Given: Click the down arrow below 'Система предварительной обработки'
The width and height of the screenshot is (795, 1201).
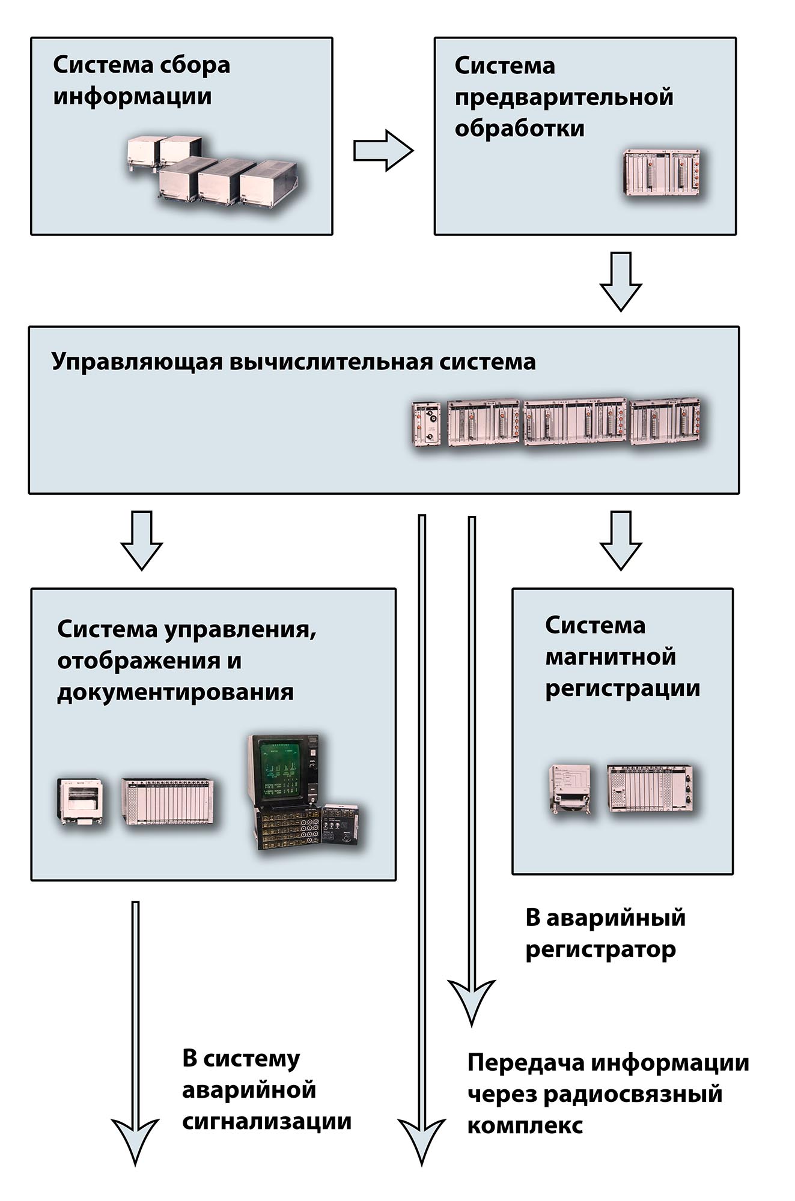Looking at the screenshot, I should pos(621,280).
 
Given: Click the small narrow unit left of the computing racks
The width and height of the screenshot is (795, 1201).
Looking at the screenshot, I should pos(425,423).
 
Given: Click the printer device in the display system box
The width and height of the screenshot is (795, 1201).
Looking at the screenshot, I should pos(81,802).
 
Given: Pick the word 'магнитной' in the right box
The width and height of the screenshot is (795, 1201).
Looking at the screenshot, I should pos(610,657).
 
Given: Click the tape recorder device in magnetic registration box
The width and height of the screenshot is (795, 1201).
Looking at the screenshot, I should pos(570,788).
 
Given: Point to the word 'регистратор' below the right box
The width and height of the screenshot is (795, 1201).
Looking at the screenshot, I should pos(600,949).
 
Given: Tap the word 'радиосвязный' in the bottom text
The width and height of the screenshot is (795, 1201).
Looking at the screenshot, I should pos(632,1094).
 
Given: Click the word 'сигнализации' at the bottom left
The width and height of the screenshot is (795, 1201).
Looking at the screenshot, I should pos(266,1122).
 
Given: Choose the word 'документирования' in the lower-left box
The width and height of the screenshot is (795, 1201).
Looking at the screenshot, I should pos(175,692).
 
